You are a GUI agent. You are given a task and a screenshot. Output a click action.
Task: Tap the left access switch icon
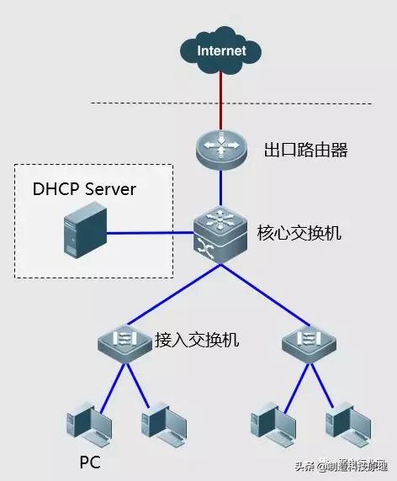123,341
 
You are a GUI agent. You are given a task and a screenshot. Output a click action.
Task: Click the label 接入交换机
197,340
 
